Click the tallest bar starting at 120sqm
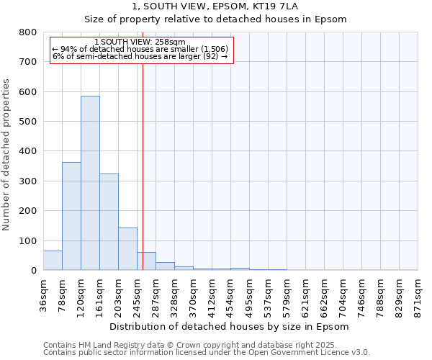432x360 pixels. coord(90,184)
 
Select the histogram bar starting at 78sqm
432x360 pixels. coord(71,216)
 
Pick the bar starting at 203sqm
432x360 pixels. coord(127,249)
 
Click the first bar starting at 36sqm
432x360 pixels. coord(53,261)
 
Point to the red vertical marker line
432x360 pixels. coord(143,180)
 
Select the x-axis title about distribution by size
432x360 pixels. coord(230,326)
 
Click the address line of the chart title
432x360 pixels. coord(230,6)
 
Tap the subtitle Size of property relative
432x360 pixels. coord(230,19)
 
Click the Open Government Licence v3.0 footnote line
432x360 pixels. coord(207,353)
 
